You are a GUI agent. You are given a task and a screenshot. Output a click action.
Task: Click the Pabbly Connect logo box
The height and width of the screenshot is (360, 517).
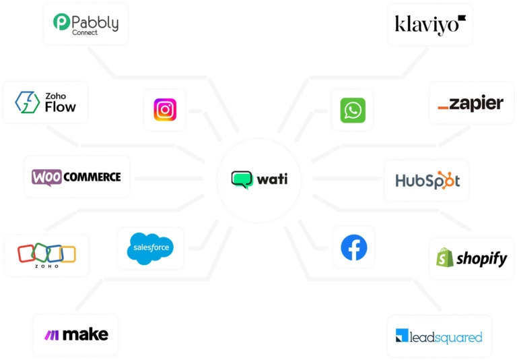click(x=85, y=24)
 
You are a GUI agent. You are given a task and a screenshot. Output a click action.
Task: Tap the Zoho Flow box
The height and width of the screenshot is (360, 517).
click(x=46, y=102)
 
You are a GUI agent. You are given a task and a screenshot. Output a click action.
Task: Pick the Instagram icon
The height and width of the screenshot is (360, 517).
click(x=165, y=109)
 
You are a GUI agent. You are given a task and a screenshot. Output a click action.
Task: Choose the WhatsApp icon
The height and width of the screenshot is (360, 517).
click(x=352, y=109)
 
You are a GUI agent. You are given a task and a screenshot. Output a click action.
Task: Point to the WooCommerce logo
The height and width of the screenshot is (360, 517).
click(x=77, y=177)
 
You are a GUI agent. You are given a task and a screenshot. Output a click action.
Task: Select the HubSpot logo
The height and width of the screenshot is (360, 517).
click(x=427, y=181)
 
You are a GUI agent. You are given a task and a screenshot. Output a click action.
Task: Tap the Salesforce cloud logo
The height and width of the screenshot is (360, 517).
click(x=149, y=248)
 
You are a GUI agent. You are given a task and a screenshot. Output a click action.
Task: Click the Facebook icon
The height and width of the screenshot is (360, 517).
click(x=353, y=248)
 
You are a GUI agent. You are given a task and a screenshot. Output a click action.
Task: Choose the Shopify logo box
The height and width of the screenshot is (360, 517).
click(x=471, y=258)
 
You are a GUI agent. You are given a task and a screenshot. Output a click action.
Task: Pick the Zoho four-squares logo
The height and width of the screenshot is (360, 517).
click(x=46, y=254)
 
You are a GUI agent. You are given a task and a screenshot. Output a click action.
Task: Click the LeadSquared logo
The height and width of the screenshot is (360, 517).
click(x=439, y=336)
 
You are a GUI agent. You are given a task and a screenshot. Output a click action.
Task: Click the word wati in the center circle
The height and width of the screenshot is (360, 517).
click(x=271, y=180)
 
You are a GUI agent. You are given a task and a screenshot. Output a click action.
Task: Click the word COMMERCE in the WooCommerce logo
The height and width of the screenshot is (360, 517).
click(x=94, y=177)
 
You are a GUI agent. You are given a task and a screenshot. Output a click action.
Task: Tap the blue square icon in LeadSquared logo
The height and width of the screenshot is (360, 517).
click(x=402, y=336)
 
